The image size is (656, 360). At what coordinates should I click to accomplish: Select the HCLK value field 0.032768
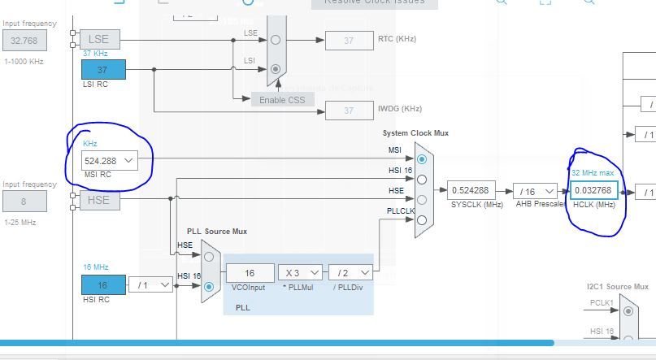point(593,191)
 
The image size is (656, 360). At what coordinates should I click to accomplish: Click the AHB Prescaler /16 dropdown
point(535,191)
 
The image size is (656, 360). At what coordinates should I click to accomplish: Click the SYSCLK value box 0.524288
point(471,191)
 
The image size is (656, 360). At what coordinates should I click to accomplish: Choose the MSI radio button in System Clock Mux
point(422,159)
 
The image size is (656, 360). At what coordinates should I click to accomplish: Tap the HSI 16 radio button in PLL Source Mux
point(209,287)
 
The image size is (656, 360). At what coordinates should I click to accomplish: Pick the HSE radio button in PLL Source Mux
point(209,257)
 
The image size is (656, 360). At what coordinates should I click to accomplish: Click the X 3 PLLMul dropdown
point(300,273)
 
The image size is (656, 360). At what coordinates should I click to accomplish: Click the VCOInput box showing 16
point(250,273)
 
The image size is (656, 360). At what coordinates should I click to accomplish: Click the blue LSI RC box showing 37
point(103,70)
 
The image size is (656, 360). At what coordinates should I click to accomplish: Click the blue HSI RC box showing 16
point(103,285)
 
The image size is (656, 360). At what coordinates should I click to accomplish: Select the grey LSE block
point(99,38)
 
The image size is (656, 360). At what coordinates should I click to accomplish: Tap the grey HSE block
point(99,200)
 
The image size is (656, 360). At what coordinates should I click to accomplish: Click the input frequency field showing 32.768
point(24,40)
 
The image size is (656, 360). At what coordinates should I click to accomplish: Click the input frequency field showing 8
point(24,201)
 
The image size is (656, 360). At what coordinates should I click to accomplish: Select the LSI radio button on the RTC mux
point(276,69)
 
